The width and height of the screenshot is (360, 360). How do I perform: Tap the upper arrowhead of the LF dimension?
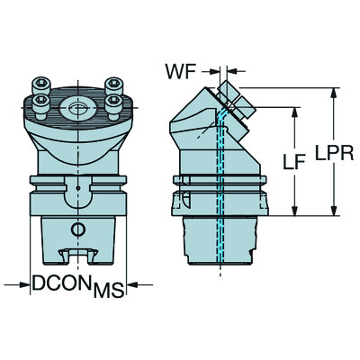point(296,112)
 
